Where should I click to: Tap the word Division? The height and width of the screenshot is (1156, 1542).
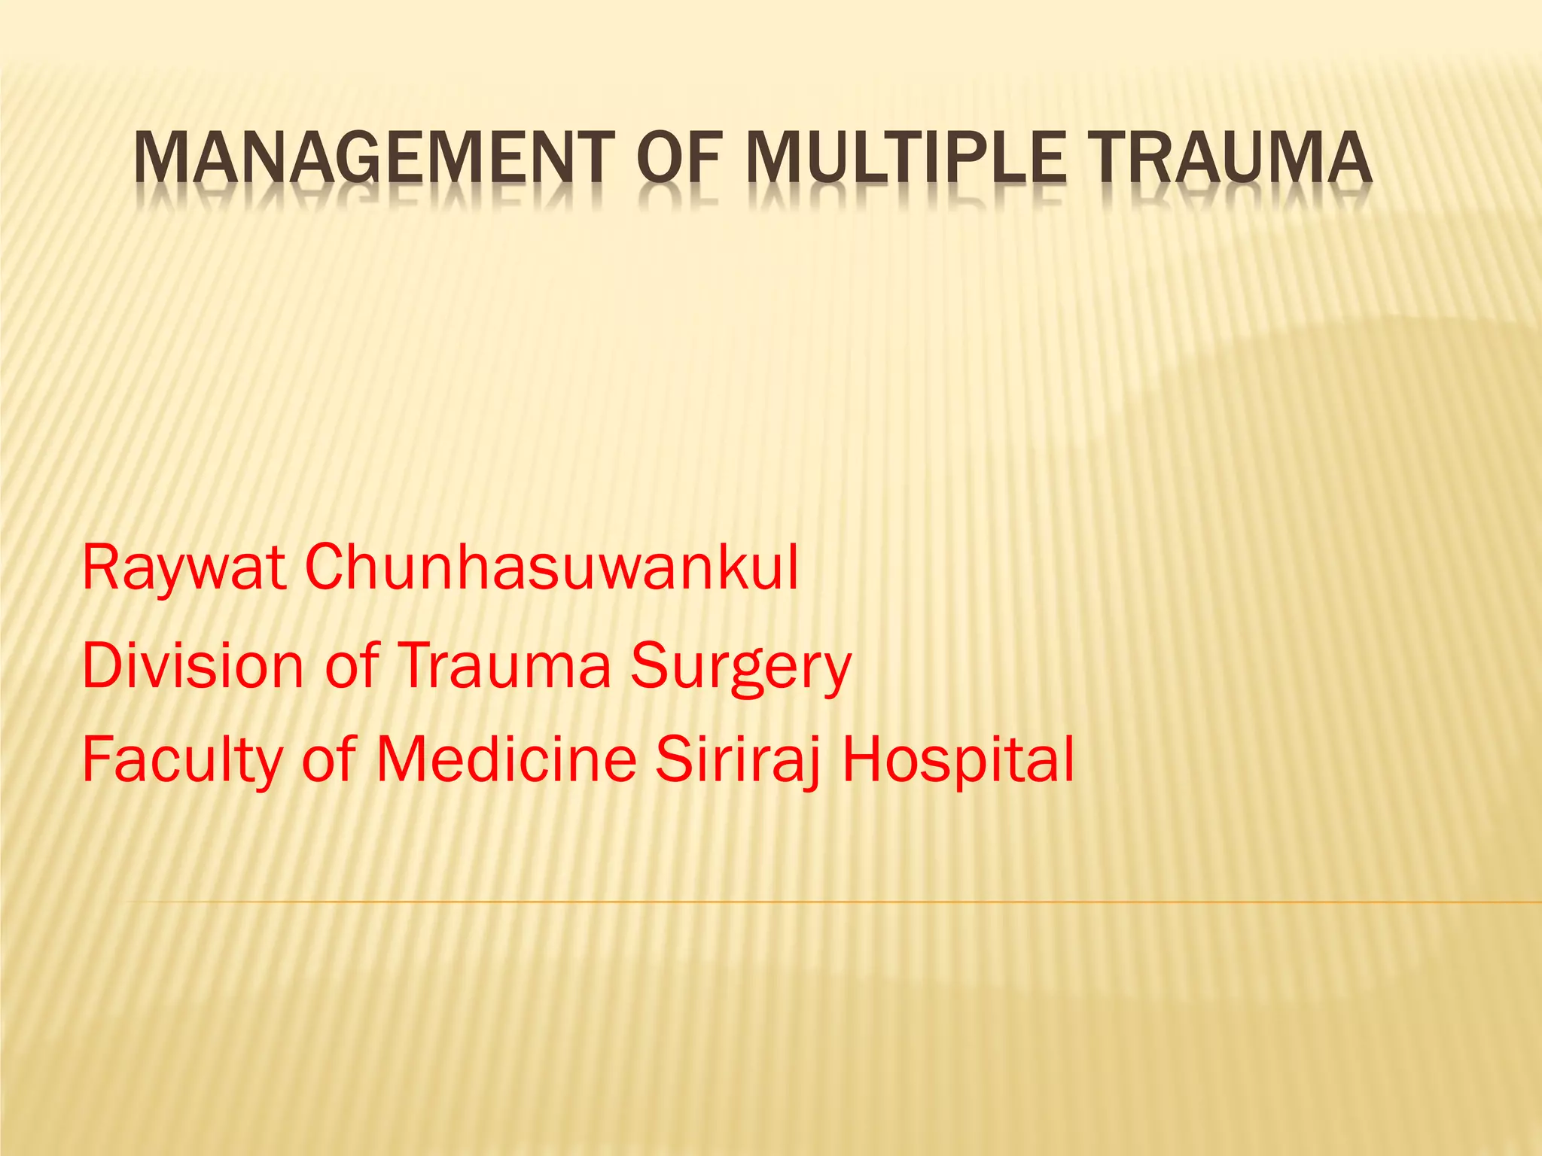(192, 665)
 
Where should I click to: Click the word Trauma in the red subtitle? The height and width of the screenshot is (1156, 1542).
(503, 665)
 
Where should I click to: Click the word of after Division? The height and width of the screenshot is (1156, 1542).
(352, 665)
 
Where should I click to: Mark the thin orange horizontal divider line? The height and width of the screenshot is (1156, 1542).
(828, 901)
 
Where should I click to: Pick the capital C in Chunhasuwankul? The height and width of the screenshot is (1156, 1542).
(325, 568)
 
